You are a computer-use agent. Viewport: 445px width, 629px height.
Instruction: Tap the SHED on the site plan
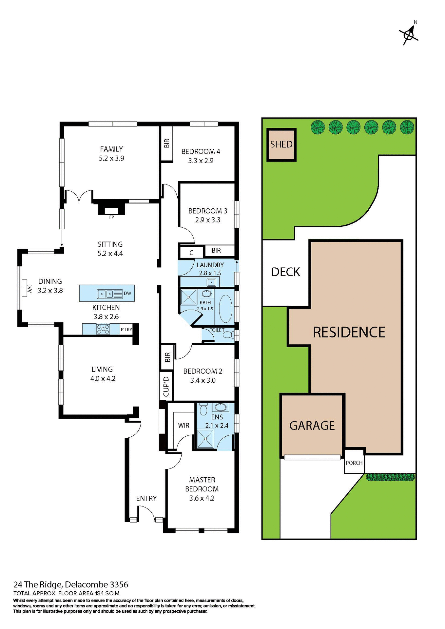click(x=281, y=144)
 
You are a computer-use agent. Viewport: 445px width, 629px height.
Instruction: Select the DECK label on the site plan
click(x=285, y=272)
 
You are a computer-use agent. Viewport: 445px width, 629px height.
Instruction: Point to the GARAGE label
click(x=312, y=426)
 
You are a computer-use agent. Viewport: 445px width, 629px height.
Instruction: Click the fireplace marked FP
click(x=111, y=211)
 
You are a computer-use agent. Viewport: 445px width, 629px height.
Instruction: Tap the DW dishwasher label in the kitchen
click(x=127, y=293)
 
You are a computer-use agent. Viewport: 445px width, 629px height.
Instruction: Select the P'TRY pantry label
click(x=126, y=330)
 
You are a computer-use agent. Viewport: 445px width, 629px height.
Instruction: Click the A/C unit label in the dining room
click(x=29, y=288)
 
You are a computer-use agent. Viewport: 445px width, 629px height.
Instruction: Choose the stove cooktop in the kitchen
click(x=103, y=329)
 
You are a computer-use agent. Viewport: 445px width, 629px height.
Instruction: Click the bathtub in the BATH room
click(x=225, y=309)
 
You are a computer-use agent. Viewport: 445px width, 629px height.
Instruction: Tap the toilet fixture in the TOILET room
click(x=227, y=335)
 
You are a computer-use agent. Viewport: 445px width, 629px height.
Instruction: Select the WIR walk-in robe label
click(x=184, y=425)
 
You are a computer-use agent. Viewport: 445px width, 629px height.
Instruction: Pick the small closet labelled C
click(x=191, y=253)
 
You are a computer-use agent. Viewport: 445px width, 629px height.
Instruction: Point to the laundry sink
click(x=211, y=281)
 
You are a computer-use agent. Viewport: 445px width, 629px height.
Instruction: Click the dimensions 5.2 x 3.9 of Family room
click(x=111, y=158)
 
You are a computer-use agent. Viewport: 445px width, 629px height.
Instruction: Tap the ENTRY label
click(x=146, y=498)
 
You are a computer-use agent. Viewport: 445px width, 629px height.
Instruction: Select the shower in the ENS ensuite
click(x=205, y=438)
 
